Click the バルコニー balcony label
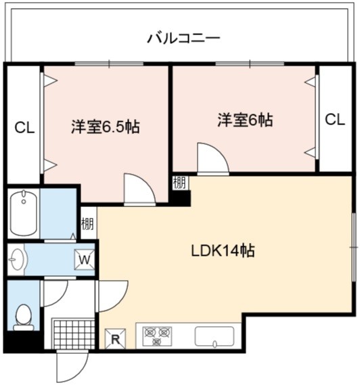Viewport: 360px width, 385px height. coord(183,39)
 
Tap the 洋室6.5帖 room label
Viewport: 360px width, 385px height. coord(106,127)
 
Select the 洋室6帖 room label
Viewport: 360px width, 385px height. coord(245,120)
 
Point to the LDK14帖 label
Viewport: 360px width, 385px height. coord(223,251)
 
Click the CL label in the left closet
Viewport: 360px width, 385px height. coord(24,128)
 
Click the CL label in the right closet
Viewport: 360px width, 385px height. coord(335,120)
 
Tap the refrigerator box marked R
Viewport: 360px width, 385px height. coord(115,338)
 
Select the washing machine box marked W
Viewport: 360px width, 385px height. coord(85,260)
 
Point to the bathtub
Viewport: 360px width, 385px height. coord(24,213)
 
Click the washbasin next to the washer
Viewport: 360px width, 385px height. coord(17,259)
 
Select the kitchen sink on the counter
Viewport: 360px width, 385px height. coord(215,337)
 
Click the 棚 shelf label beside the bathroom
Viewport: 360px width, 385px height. coord(88,224)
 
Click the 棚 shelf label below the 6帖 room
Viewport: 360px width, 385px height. coord(180,183)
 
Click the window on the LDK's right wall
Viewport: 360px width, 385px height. coord(354,247)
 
